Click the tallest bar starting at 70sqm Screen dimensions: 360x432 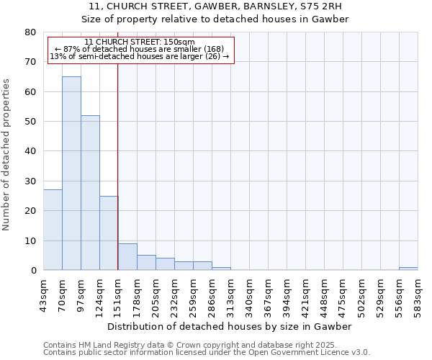tap(71, 173)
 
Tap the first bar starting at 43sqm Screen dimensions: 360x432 tap(53, 230)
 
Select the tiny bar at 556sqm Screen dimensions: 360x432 tap(408, 269)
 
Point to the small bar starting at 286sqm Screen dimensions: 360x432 tap(221, 269)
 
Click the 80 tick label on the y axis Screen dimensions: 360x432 tap(30, 32)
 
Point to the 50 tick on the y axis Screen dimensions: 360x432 tap(30, 122)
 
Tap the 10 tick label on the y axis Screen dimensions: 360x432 tap(30, 240)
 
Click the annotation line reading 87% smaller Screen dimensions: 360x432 tap(140, 49)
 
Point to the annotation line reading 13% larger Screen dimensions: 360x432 tap(140, 56)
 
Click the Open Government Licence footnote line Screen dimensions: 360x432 tap(207, 352)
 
